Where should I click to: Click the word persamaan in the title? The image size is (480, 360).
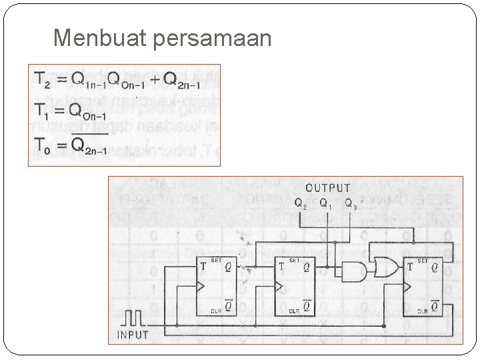click(212, 39)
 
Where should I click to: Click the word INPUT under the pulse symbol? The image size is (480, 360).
click(132, 334)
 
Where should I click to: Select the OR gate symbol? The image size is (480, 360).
click(385, 267)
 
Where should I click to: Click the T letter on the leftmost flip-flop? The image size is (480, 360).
click(203, 267)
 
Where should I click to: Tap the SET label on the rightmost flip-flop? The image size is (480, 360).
click(423, 261)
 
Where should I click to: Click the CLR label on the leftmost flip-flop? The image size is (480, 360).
click(215, 310)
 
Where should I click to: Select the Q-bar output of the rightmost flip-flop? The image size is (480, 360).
click(434, 307)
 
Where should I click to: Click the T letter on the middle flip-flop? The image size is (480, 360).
click(282, 267)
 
